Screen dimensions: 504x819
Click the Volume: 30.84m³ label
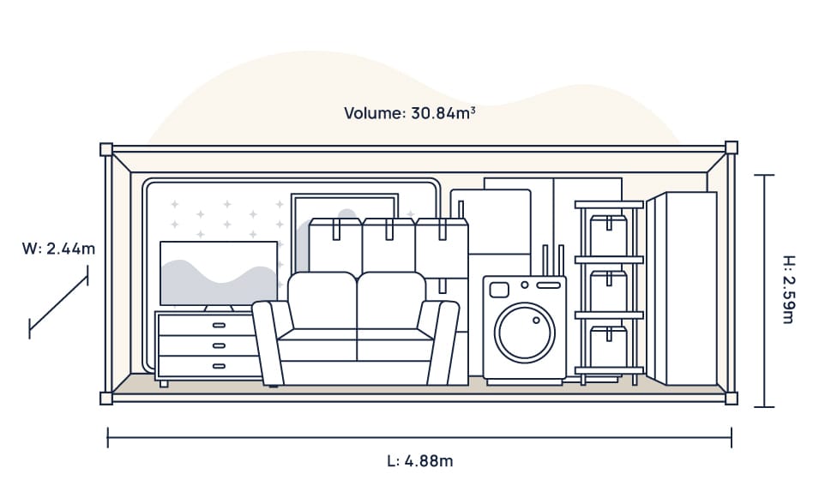coord(409,112)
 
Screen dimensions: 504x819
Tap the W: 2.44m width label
coord(58,249)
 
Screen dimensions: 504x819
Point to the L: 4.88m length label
coord(419,461)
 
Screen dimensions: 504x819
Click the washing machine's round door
coord(526,330)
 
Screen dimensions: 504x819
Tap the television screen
coord(219,273)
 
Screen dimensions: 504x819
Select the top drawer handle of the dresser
coord(219,326)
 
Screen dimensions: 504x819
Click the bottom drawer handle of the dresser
coord(219,365)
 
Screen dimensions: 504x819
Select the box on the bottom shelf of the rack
coord(608,346)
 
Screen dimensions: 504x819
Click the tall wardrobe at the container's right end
coord(683,288)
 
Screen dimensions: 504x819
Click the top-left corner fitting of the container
coord(106,149)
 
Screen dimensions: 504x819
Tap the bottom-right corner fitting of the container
coord(731,398)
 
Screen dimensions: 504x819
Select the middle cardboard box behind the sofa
coord(388,246)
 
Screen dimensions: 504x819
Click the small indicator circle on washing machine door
coord(537,320)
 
